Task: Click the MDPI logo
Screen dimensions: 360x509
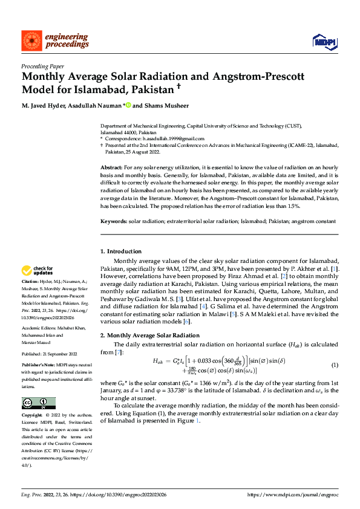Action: [324, 41]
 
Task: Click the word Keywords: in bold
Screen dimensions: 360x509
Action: [114, 221]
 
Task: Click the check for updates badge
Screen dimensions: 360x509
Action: [38, 270]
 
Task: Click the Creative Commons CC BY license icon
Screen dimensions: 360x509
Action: [38, 403]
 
